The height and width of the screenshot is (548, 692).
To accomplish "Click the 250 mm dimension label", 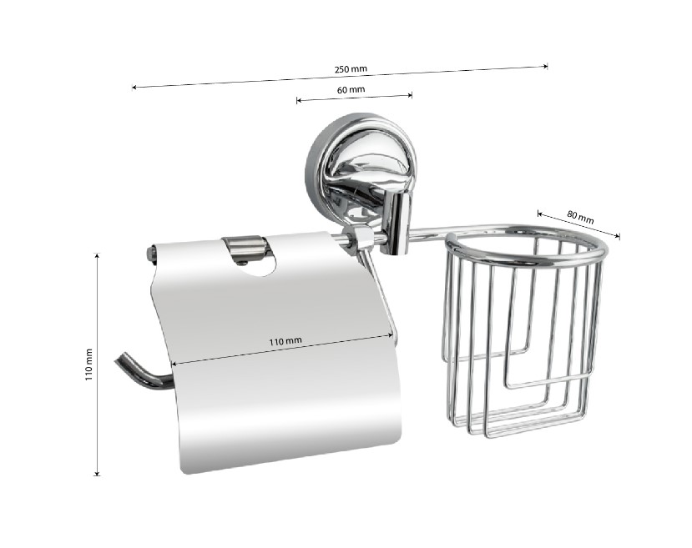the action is (x=351, y=69).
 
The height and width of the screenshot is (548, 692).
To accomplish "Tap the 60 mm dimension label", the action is (x=351, y=90).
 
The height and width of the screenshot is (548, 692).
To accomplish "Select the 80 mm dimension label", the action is (x=580, y=217).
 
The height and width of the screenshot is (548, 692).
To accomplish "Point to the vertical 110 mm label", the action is (x=89, y=364).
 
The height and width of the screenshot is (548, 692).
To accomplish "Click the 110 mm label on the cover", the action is (x=285, y=341).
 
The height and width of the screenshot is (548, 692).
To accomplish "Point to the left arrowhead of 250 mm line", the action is (x=134, y=88).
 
